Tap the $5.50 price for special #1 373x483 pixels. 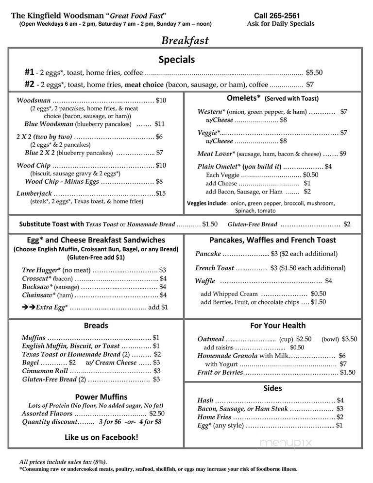pyautogui.click(x=314, y=72)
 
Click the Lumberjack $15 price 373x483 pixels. pyautogui.click(x=161, y=193)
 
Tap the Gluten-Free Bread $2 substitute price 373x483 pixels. pyautogui.click(x=347, y=224)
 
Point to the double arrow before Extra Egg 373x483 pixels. pyautogui.click(x=28, y=307)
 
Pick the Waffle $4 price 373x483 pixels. pyautogui.click(x=328, y=281)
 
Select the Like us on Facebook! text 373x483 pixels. pyautogui.click(x=101, y=437)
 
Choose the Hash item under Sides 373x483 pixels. pyautogui.click(x=205, y=400)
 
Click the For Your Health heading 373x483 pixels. pyautogui.click(x=278, y=325)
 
